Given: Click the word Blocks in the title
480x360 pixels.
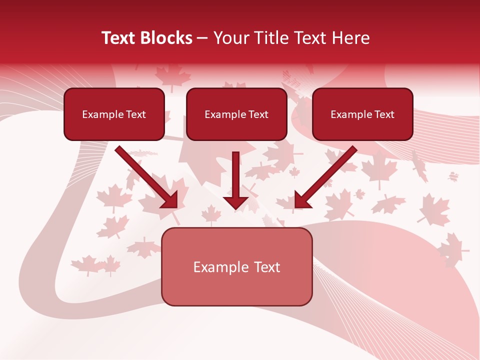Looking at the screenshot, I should point(167,38).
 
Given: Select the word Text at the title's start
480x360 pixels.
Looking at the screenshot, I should point(120,38).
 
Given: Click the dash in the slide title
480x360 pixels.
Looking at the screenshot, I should point(202,38).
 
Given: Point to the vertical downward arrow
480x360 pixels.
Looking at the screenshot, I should point(235,180).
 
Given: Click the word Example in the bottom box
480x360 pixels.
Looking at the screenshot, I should point(216,267).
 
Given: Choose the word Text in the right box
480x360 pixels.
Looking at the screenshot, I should point(384,114).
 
